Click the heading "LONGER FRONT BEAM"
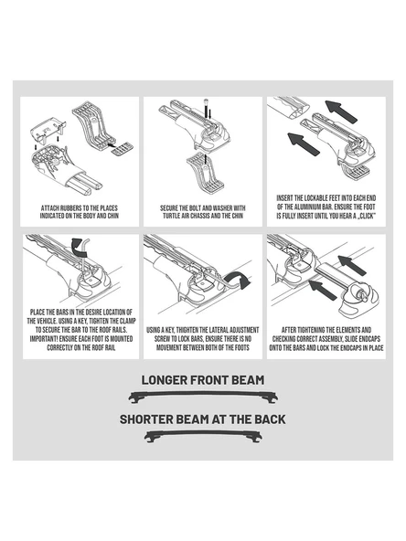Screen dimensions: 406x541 [203, 380]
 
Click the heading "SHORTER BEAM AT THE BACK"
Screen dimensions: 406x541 [203, 419]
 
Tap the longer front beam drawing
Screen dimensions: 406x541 [203, 397]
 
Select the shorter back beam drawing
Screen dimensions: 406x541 [203, 436]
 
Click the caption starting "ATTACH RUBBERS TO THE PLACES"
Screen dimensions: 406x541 [80, 212]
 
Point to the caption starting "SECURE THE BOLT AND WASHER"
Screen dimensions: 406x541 [203, 212]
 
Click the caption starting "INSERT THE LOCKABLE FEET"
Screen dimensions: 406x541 [326, 207]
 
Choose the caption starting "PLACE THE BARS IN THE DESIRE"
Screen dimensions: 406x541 [81, 330]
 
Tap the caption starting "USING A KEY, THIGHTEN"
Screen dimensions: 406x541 [203, 339]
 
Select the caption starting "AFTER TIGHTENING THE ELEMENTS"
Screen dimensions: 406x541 [326, 339]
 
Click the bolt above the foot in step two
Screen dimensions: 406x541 [206, 109]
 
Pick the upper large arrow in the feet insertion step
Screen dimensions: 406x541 [341, 111]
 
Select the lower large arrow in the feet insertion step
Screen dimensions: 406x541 [304, 143]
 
